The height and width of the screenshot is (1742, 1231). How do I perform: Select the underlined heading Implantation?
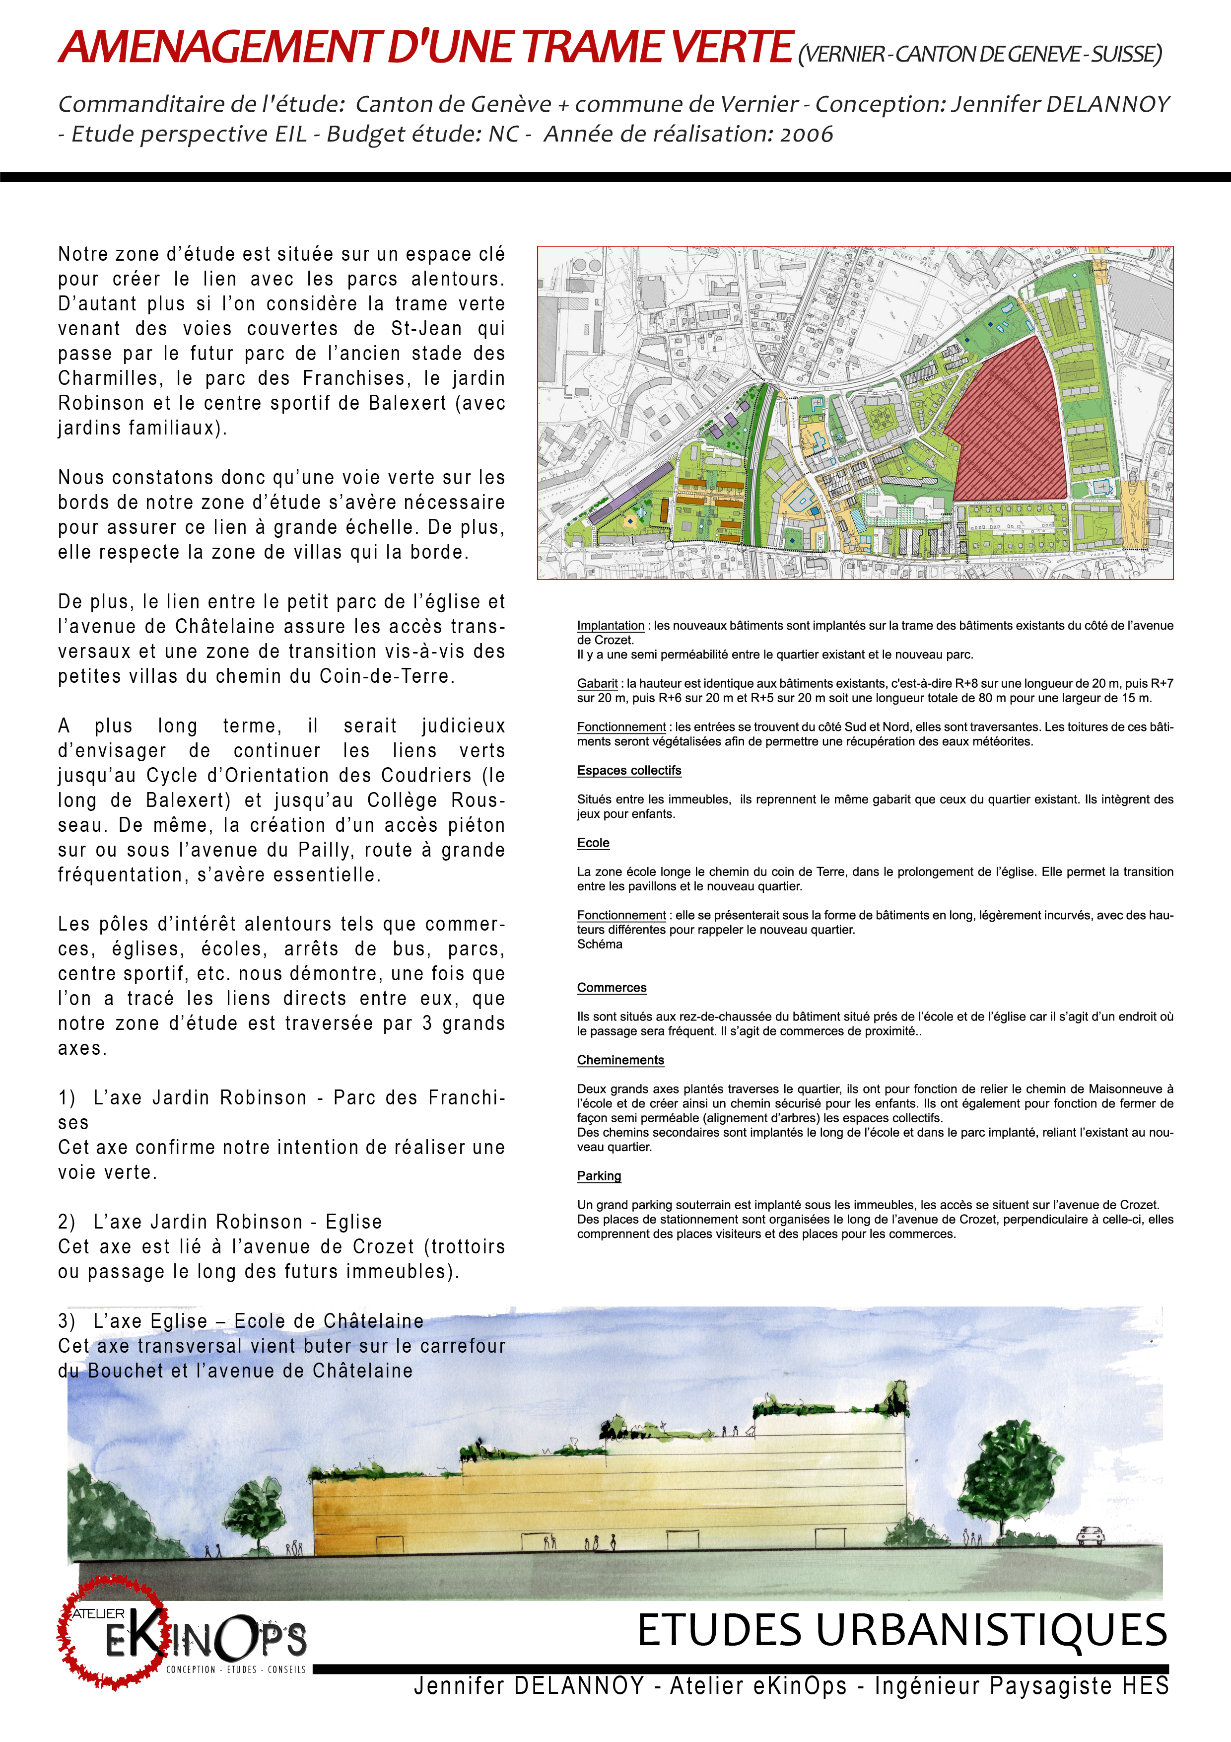(x=611, y=626)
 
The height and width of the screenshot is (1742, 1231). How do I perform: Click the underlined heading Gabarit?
(x=597, y=684)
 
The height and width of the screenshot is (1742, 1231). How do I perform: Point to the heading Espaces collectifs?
(x=629, y=771)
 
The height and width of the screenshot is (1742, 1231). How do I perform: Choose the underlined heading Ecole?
(x=593, y=843)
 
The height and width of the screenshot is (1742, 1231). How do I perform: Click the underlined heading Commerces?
(x=612, y=988)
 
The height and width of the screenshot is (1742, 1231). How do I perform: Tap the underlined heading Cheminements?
(x=620, y=1060)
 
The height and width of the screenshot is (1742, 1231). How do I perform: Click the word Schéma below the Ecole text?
(x=599, y=944)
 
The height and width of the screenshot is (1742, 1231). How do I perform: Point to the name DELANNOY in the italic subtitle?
(x=1108, y=105)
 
